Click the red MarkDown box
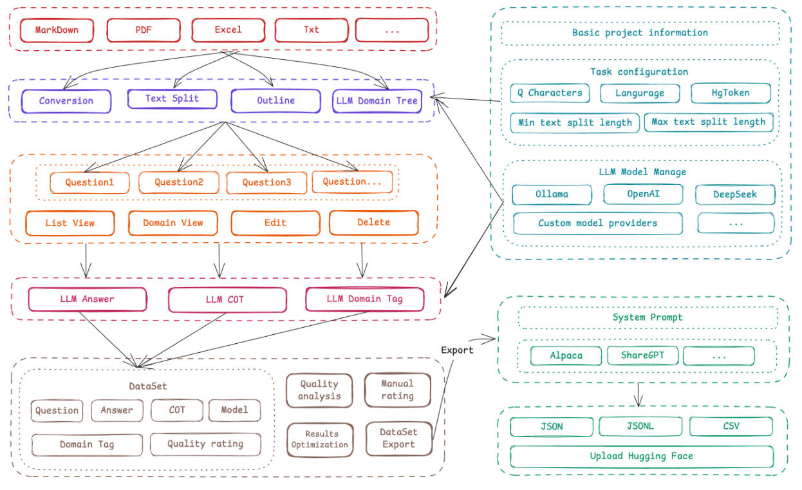pos(57,30)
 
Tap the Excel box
pos(228,30)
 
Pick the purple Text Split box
pos(172,99)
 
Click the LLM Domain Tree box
pos(377,100)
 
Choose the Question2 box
pos(178,182)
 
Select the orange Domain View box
pos(173,223)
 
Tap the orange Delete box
pos(373,222)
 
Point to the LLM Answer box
pos(88,299)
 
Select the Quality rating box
pos(205,444)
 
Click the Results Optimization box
pos(319,439)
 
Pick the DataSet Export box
pos(398,438)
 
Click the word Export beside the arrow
pos(457,350)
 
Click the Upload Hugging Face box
pos(641,456)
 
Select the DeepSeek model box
pos(735,194)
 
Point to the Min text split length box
pos(575,122)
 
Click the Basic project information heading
pos(640,33)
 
